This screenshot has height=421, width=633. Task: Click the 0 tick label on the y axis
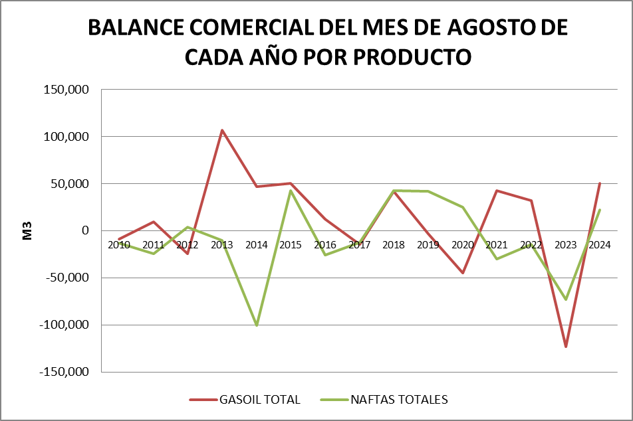click(84, 230)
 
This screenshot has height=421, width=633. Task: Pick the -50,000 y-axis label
click(65, 278)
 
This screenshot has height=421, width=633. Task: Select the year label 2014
click(256, 245)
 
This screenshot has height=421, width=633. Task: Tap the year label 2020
click(463, 245)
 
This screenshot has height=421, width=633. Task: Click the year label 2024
click(600, 245)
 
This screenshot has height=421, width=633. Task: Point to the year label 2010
click(119, 245)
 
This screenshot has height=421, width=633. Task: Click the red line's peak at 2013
click(222, 130)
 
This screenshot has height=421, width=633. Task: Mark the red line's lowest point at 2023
click(566, 347)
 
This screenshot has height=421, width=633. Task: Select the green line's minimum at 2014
click(256, 325)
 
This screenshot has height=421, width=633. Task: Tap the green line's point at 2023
click(566, 299)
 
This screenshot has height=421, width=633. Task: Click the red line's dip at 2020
click(463, 273)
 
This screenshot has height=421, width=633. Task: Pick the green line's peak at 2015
click(291, 191)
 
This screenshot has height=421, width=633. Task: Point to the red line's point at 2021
click(497, 191)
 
